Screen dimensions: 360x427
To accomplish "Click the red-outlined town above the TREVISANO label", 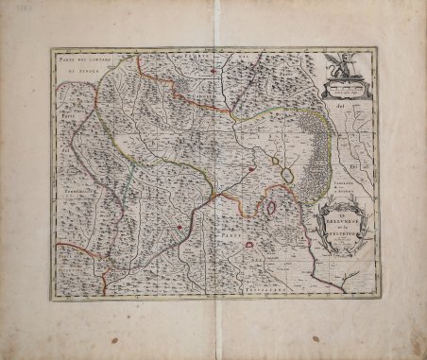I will (x=251, y=247).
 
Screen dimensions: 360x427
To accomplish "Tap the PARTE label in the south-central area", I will (x=220, y=232).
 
